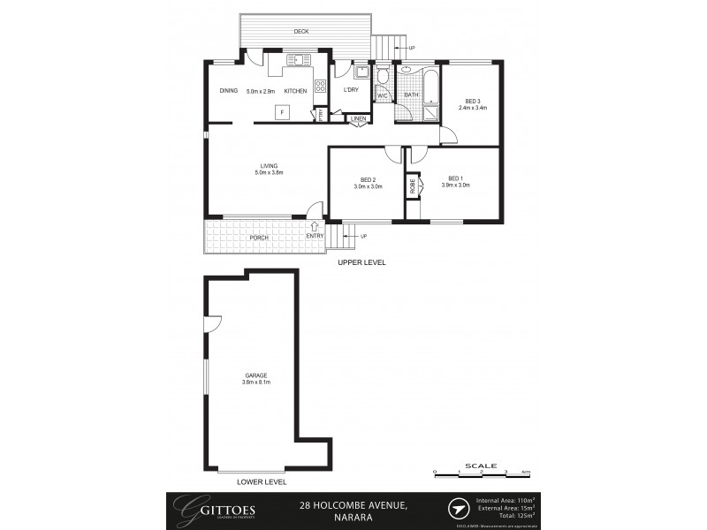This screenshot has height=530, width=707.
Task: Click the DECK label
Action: [x=301, y=33]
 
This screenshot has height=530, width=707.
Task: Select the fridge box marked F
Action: [x=282, y=112]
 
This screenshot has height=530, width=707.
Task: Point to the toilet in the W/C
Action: [x=382, y=77]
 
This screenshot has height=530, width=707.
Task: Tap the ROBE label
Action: [x=412, y=187]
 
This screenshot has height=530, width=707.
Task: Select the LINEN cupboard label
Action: [x=358, y=118]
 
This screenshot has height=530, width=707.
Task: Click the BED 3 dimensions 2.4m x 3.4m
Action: [x=473, y=108]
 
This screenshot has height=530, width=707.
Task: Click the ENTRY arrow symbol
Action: [x=315, y=227]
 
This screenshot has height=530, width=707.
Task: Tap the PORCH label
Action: [x=259, y=237]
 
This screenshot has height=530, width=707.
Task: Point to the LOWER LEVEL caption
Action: [x=262, y=483]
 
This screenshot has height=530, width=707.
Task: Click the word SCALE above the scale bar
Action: [x=480, y=465]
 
